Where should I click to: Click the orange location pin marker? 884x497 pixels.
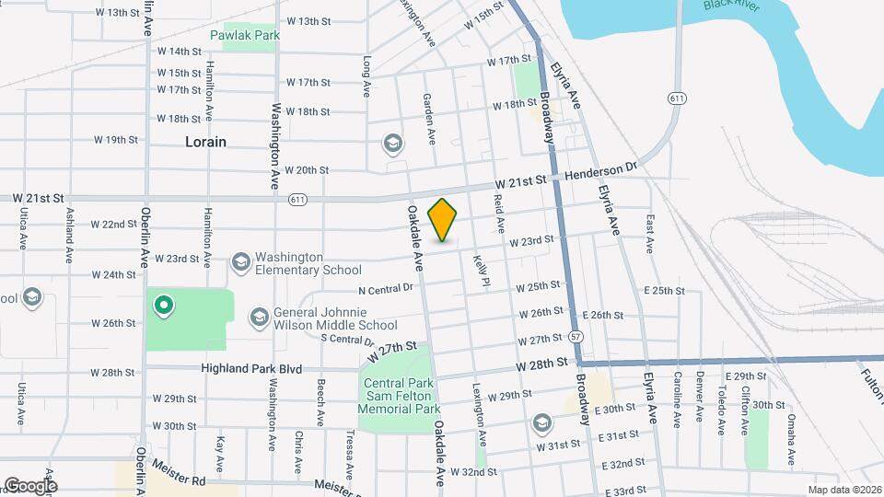443,219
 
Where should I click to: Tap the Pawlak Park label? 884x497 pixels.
243,35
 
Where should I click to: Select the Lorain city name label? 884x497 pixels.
205,142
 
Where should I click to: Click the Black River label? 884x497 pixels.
732,5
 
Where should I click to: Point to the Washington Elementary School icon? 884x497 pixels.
241,263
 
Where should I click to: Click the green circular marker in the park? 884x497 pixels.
163,304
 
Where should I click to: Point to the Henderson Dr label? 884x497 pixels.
601,171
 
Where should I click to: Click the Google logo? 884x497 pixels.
30,485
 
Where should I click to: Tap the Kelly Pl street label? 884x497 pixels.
480,272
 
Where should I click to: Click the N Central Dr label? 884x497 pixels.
386,289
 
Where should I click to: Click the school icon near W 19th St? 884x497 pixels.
392,144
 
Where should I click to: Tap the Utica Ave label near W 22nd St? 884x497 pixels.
21,227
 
